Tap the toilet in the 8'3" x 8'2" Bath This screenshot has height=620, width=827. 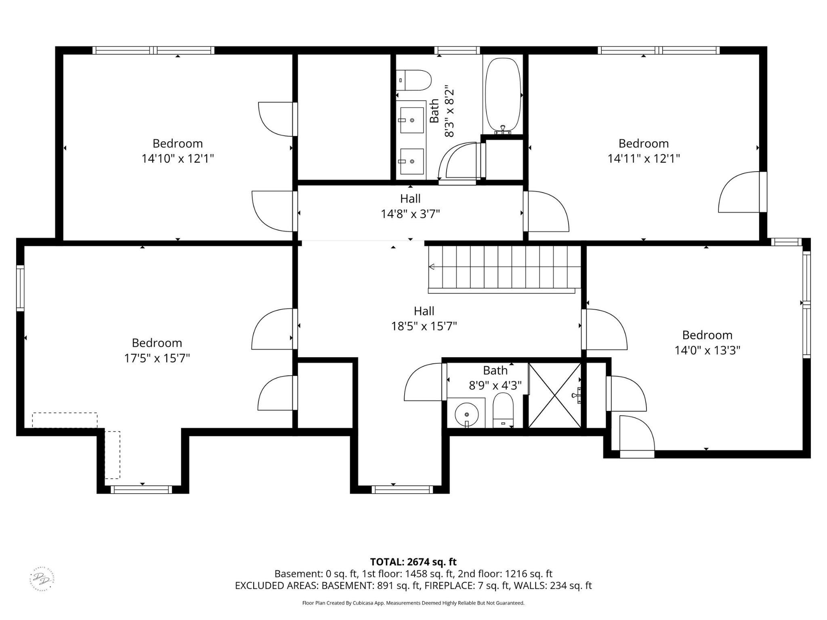click(414, 80)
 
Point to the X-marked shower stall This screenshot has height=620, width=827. click(555, 396)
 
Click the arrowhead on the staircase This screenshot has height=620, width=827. click(431, 266)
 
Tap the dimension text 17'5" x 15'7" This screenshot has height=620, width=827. click(157, 358)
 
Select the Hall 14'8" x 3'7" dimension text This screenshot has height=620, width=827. click(410, 214)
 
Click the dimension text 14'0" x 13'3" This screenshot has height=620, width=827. click(707, 350)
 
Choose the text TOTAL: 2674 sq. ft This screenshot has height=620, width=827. click(413, 561)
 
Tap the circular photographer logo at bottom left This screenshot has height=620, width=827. click(42, 579)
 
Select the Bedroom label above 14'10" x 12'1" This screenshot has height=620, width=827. click(177, 143)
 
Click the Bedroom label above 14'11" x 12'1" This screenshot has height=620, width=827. click(643, 143)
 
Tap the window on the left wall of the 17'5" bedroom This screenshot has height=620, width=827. click(20, 288)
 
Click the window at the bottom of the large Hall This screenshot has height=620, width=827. click(402, 490)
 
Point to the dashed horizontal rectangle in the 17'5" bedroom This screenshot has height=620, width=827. click(65, 420)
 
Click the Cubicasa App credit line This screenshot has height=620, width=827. click(413, 603)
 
